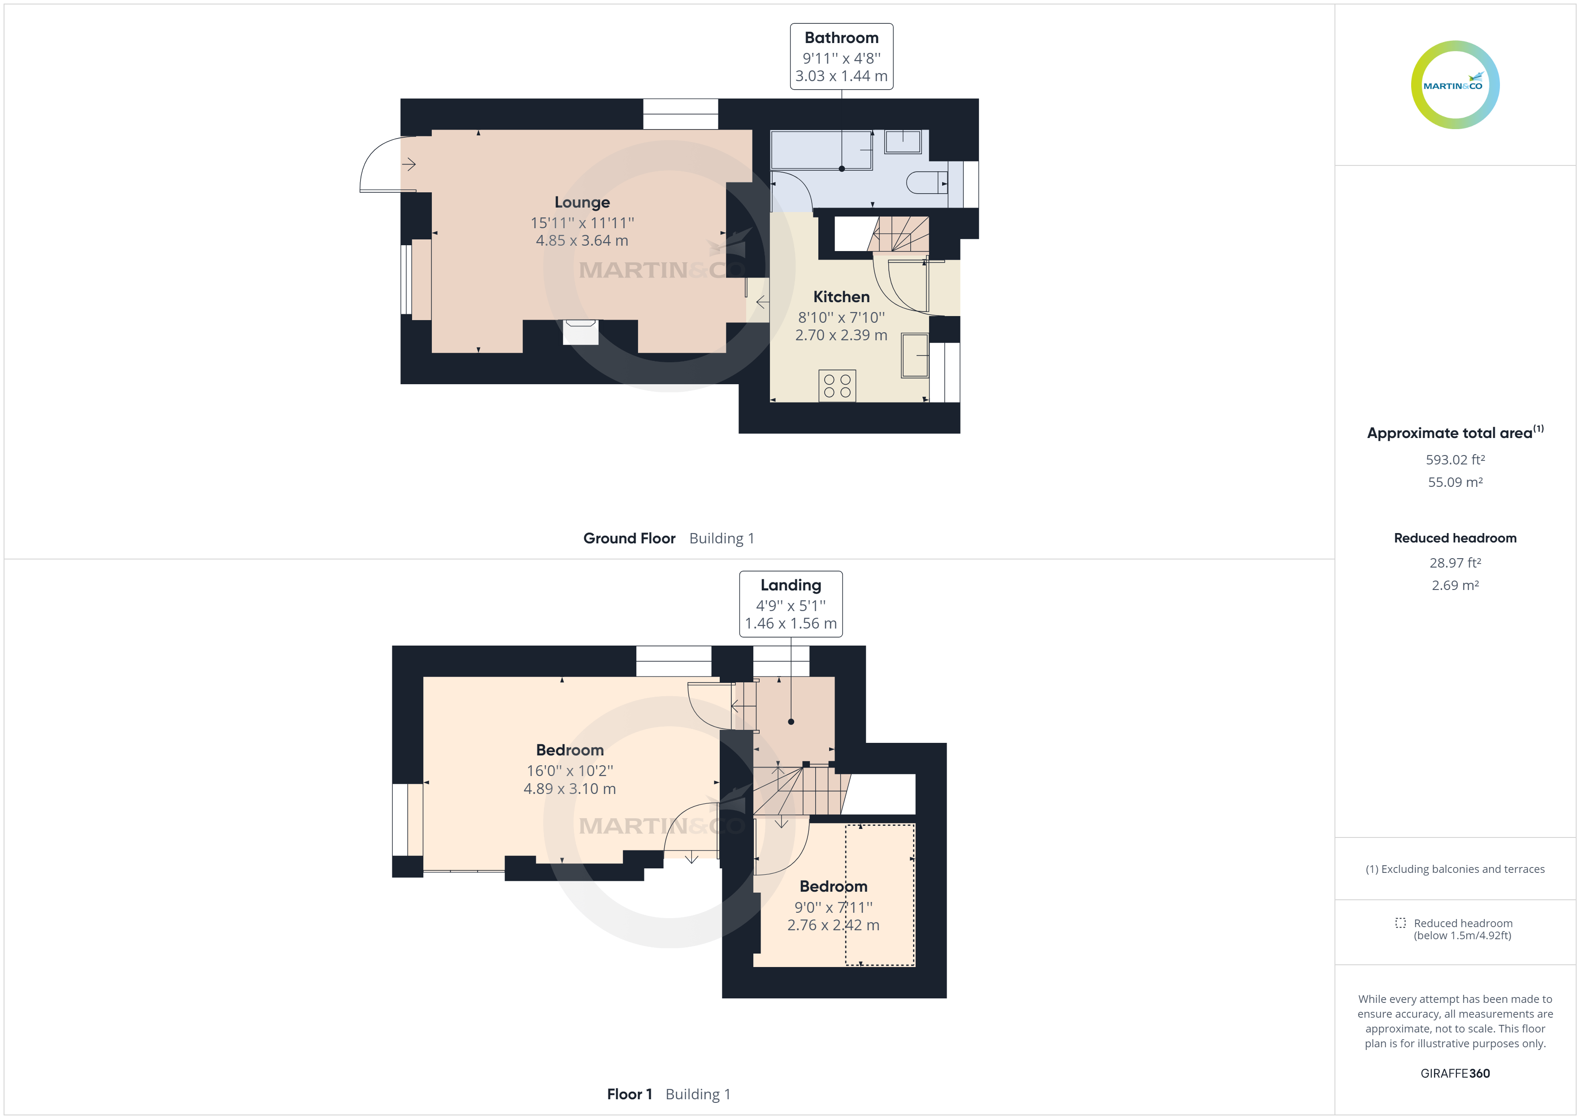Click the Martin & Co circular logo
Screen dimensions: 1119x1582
pos(1455,85)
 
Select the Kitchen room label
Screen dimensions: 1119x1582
pos(841,297)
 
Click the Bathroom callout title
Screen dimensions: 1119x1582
pos(841,38)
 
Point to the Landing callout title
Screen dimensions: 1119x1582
pos(790,585)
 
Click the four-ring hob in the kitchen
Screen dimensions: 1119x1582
pos(837,386)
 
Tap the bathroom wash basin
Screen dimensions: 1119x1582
pos(903,141)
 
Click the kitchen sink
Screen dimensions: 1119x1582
pos(915,356)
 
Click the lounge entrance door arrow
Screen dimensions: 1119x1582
pos(409,164)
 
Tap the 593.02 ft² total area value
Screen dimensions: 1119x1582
pos(1455,460)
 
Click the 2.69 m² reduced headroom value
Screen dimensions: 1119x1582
pos(1455,586)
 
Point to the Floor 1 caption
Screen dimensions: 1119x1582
pos(629,1094)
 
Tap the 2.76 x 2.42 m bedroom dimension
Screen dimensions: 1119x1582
pos(833,925)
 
